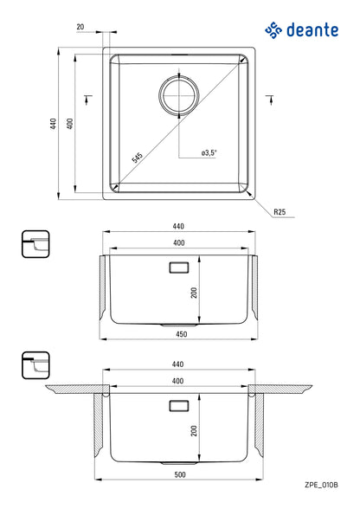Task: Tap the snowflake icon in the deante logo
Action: [274, 31]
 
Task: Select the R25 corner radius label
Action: [279, 211]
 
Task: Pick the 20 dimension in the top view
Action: [80, 27]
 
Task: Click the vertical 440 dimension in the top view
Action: [54, 124]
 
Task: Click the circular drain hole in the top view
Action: [179, 93]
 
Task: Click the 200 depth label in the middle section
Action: [196, 293]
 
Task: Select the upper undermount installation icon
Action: [35, 245]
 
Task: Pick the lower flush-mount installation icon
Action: [35, 366]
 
